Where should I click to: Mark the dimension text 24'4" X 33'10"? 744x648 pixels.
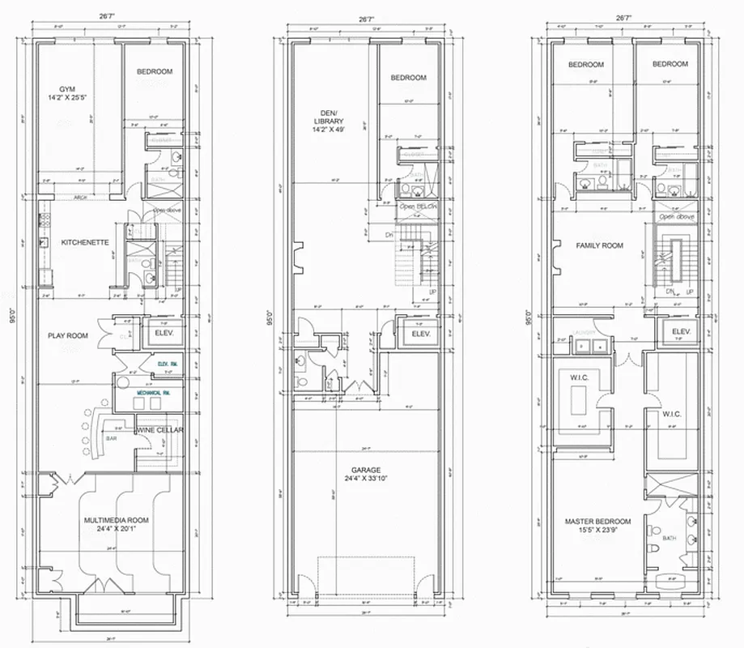[366, 479]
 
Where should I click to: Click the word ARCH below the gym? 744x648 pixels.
[80, 198]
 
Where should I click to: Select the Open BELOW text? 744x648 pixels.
[418, 207]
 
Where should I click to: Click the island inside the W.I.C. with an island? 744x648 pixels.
[580, 401]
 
